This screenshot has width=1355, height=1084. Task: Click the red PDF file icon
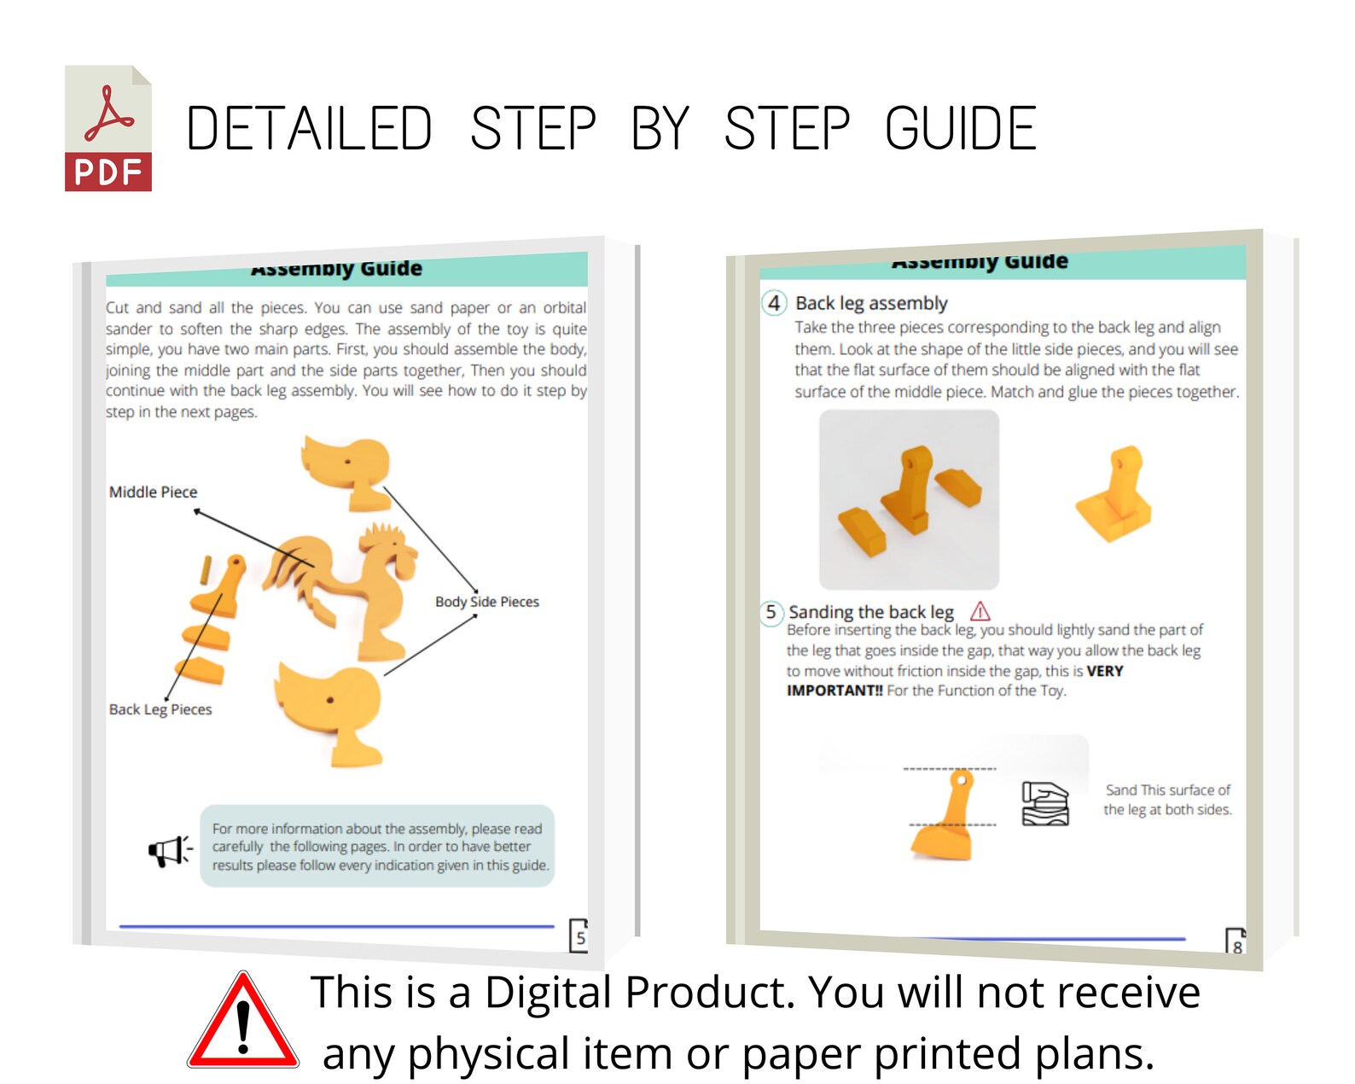click(108, 129)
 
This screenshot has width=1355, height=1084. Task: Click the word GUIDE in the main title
click(960, 130)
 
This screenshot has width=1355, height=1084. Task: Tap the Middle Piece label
click(153, 492)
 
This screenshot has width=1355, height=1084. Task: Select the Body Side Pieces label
click(486, 602)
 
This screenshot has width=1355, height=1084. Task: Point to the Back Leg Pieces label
click(160, 709)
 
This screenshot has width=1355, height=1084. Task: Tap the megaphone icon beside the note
click(170, 850)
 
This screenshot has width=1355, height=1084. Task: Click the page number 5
click(580, 938)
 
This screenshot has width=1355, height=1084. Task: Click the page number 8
click(1236, 946)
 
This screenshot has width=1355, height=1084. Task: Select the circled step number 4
click(774, 303)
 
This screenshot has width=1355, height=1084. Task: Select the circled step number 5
click(771, 612)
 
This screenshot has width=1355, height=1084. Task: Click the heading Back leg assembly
click(871, 303)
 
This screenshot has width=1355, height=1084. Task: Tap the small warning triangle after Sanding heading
click(980, 611)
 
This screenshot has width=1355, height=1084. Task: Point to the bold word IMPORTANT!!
click(835, 691)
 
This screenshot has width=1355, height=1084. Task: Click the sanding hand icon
click(1045, 804)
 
